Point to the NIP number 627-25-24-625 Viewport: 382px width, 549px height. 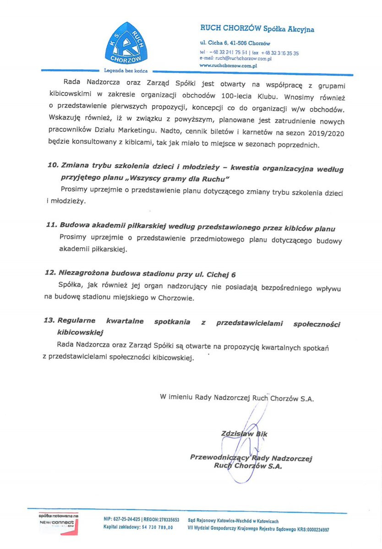coord(124,520)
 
